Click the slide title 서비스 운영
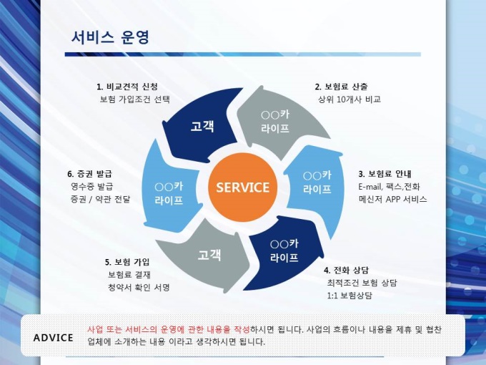pos(110,37)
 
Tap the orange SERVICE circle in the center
pos(242,188)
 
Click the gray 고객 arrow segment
pos(209,254)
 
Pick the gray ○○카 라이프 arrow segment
pos(275,122)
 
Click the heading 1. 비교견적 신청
pos(127,87)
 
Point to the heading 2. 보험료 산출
pos(342,87)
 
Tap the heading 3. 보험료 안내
pos(385,174)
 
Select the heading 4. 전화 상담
pos(346,270)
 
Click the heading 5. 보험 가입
pos(127,261)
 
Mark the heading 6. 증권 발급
pos(89,174)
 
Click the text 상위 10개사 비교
pos(349,99)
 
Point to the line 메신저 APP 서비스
pos(392,200)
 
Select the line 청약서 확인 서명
pos(139,287)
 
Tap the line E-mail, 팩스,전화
pos(389,187)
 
